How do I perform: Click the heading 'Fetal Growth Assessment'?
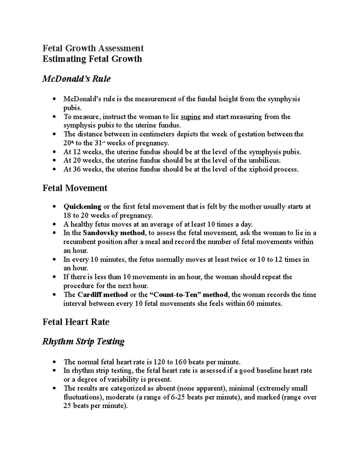click(93, 48)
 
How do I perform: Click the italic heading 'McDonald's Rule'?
click(76, 79)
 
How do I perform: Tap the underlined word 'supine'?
click(190, 117)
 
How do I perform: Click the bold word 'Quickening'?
click(82, 207)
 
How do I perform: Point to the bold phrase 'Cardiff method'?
click(103, 295)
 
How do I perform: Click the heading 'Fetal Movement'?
click(75, 188)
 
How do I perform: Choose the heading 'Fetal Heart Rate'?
click(76, 322)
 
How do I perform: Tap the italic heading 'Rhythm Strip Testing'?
click(83, 341)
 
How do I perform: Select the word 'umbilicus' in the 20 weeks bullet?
click(265, 161)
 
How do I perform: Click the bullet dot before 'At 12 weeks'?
click(54, 152)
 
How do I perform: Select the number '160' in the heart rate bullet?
click(174, 362)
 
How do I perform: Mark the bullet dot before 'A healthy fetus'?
click(54, 224)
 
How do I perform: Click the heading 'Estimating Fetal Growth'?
click(92, 59)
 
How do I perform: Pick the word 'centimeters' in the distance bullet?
click(157, 134)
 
